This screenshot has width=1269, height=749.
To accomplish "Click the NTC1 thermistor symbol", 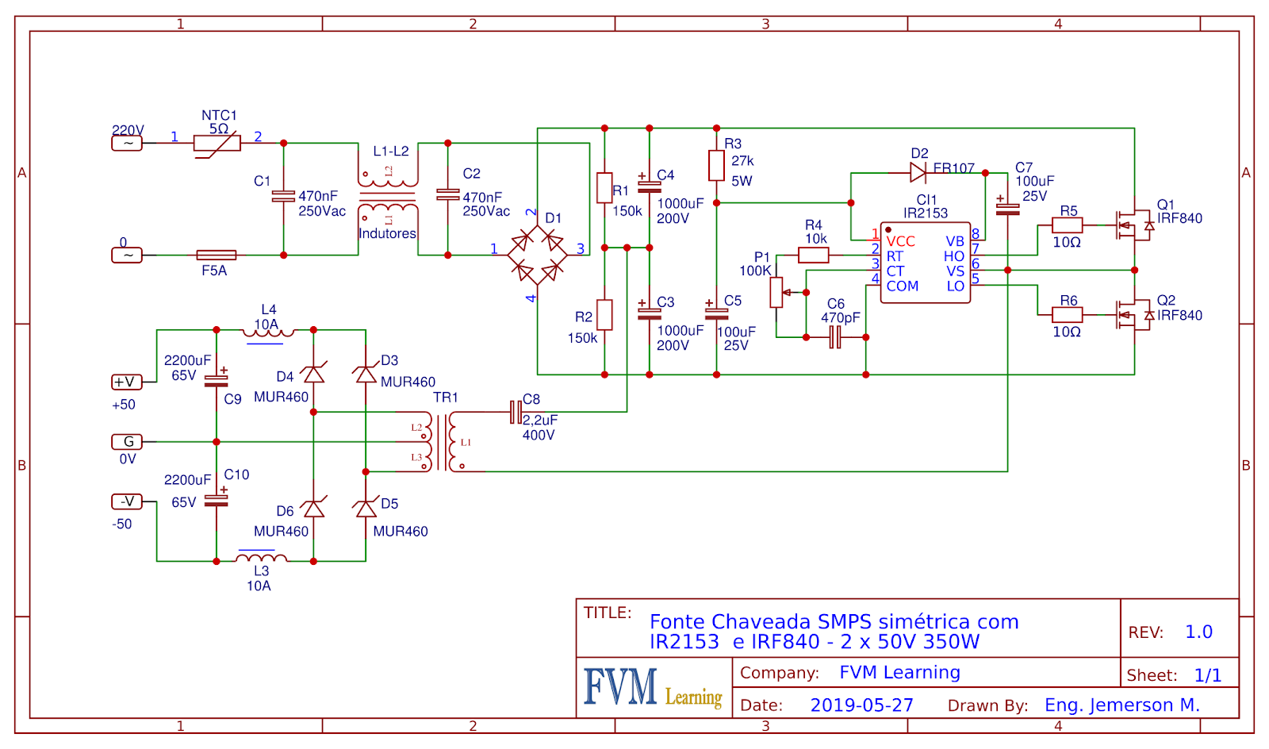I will point(217,144).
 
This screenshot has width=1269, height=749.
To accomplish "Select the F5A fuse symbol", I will point(216,255).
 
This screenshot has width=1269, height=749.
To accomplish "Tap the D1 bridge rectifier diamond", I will point(537,255).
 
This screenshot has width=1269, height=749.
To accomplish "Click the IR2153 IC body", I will point(925,263).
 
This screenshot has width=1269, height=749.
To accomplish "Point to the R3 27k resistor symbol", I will point(716,166).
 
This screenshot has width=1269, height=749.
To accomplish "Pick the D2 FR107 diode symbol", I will point(918,173).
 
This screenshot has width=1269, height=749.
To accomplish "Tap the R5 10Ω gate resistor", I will point(1067,225).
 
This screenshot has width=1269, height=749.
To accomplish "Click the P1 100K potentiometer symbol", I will point(776,292).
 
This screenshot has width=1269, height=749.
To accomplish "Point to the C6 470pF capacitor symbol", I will point(834,337).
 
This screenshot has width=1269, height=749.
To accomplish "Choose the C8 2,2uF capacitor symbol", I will point(516,412).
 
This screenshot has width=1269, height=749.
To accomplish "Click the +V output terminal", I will point(127,382).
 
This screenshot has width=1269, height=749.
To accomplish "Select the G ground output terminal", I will point(127,441).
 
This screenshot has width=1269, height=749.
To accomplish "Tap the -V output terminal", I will point(127,501).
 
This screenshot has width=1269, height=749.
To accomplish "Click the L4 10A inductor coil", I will point(268,332).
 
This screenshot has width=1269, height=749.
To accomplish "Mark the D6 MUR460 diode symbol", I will point(314,509).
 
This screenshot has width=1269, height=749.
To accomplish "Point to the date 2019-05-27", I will point(861,705).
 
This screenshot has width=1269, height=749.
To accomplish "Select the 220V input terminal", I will point(127,143).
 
